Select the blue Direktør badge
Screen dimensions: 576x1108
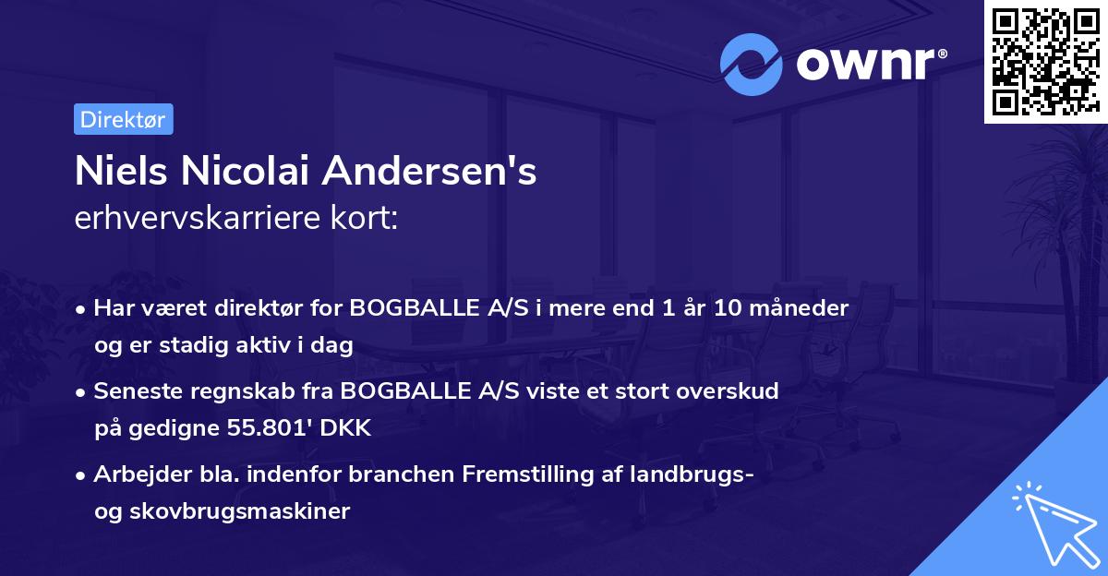coord(123,119)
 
